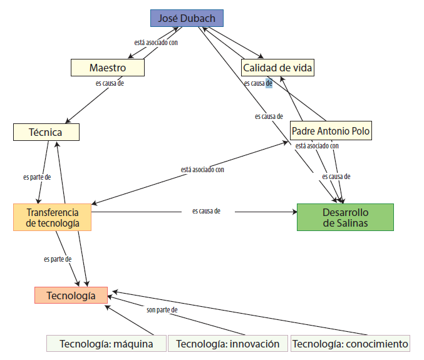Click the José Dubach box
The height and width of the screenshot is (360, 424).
coord(187,18)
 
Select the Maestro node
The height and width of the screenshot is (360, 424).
coord(108,68)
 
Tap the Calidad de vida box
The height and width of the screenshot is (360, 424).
coord(277,68)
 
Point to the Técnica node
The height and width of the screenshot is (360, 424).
coord(46,132)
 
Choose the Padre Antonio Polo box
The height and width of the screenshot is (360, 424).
coord(331,131)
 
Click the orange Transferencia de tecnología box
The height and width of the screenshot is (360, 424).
coord(53,217)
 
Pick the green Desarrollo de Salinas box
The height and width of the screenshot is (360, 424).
coord(345,217)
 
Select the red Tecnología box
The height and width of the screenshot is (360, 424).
coord(71,296)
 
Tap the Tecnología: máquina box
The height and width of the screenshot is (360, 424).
coord(106,344)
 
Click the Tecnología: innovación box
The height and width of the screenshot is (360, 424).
coord(228,344)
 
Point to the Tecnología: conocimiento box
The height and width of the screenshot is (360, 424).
coord(350,344)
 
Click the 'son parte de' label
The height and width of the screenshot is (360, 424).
coord(163,310)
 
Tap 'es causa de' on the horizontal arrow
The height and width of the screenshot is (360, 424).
coord(206,211)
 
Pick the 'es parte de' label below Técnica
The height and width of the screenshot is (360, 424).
coord(36,177)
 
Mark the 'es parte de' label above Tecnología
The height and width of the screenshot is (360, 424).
coord(58,259)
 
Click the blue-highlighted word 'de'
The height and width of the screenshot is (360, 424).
coord(269,83)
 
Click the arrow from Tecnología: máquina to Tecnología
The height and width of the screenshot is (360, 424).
coord(130,319)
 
